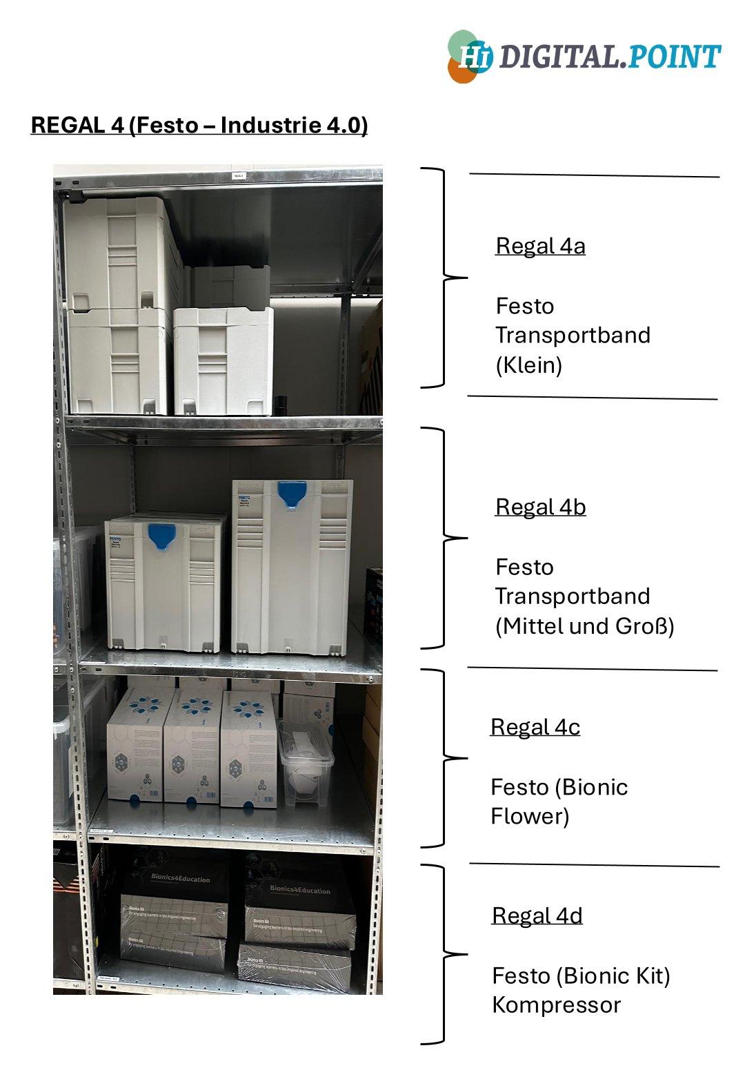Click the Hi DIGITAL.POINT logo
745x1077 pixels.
(584, 56)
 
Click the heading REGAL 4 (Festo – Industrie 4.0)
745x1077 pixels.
(199, 125)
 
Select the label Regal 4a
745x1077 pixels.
(540, 246)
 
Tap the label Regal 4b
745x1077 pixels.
(540, 507)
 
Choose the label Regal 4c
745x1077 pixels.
(535, 727)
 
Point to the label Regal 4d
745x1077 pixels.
(537, 915)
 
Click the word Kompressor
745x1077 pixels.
(556, 1005)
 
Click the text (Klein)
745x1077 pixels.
(528, 365)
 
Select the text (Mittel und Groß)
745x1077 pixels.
(584, 626)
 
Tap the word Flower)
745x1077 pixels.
(529, 816)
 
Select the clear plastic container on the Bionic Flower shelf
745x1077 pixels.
(306, 763)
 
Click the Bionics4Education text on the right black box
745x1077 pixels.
(299, 889)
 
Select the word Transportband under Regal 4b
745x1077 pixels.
(573, 596)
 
